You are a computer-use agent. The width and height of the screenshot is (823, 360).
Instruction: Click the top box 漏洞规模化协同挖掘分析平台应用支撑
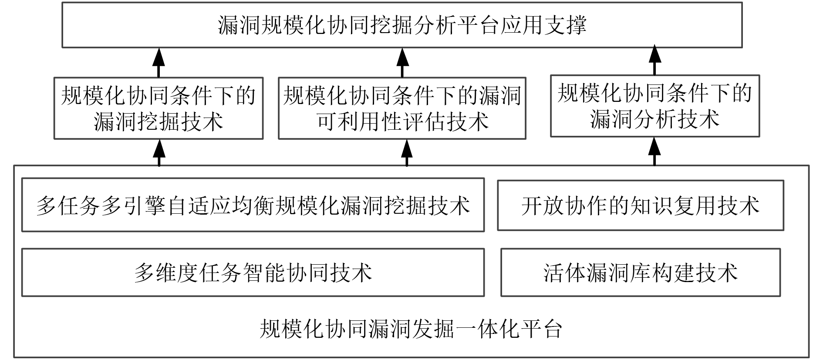click(x=402, y=25)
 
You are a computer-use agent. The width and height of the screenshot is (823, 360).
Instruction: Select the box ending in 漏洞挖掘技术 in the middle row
click(x=159, y=108)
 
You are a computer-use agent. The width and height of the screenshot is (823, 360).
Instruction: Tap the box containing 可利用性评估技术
click(x=402, y=108)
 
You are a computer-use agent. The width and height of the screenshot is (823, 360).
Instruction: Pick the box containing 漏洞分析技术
click(x=654, y=106)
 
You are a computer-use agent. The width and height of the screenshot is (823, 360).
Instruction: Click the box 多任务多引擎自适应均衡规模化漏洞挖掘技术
click(x=253, y=205)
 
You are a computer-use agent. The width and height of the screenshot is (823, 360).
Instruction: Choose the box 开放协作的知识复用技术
click(x=640, y=205)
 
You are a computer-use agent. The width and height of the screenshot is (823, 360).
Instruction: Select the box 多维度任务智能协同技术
click(x=253, y=273)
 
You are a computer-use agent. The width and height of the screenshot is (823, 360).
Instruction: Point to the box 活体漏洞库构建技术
click(x=640, y=273)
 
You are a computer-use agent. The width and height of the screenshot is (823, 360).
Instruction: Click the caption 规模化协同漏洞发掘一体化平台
click(x=411, y=329)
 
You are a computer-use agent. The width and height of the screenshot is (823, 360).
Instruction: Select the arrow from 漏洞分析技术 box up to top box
click(x=654, y=61)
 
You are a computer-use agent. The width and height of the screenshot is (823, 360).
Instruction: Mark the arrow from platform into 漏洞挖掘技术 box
click(x=159, y=152)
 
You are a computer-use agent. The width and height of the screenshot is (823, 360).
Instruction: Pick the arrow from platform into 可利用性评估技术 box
click(x=407, y=152)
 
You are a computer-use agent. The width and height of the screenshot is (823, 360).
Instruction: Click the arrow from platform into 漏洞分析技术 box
click(x=654, y=151)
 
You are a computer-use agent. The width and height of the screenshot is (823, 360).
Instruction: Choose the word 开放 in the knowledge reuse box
click(x=543, y=206)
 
